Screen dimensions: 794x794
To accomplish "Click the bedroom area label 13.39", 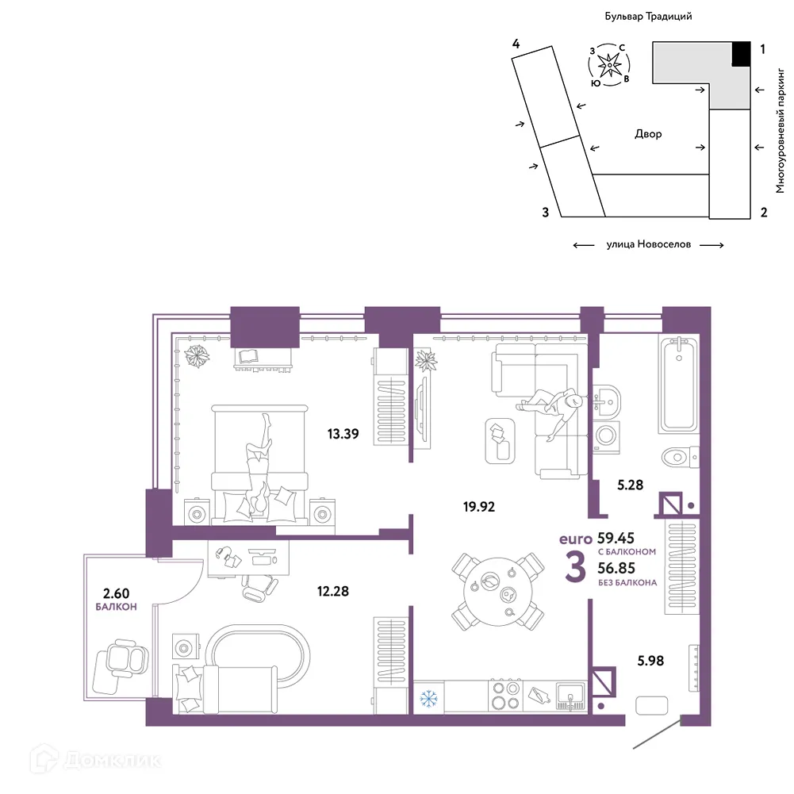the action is click(x=343, y=434).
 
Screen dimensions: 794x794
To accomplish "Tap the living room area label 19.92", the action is click(x=478, y=506).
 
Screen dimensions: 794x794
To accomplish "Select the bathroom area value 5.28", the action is click(x=630, y=485).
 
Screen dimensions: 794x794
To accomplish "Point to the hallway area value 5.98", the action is click(x=650, y=660).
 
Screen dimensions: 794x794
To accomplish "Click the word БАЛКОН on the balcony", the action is click(x=116, y=607).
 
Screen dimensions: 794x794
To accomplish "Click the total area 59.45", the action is click(x=616, y=538).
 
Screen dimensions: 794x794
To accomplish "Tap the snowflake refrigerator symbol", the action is click(x=428, y=700).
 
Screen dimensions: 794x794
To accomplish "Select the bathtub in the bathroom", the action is click(x=678, y=385).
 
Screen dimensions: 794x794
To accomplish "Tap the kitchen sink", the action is click(x=570, y=696).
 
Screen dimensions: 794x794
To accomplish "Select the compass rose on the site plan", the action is click(x=609, y=65).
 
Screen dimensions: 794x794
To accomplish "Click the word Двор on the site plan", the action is click(x=648, y=134).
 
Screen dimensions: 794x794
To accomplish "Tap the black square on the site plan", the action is click(x=741, y=54).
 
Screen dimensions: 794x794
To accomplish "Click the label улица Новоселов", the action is click(x=648, y=244).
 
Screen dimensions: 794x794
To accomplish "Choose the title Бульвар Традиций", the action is click(x=648, y=17).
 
